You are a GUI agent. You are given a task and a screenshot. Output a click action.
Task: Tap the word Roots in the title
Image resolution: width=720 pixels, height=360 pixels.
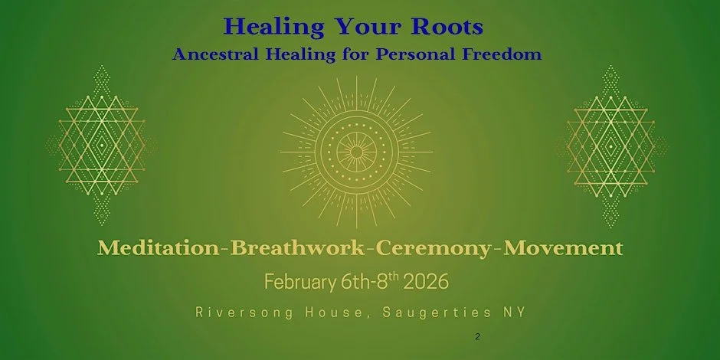(446, 26)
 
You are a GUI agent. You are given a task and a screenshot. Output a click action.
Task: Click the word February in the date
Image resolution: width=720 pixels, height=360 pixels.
(299, 282)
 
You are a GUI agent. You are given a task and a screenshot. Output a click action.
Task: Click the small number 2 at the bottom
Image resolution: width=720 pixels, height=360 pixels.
(477, 336)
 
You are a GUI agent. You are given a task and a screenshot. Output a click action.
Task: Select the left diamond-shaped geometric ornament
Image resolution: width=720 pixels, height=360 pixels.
(102, 145)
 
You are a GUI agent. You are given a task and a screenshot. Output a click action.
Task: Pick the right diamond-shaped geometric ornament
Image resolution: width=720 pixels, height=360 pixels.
(610, 145)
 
